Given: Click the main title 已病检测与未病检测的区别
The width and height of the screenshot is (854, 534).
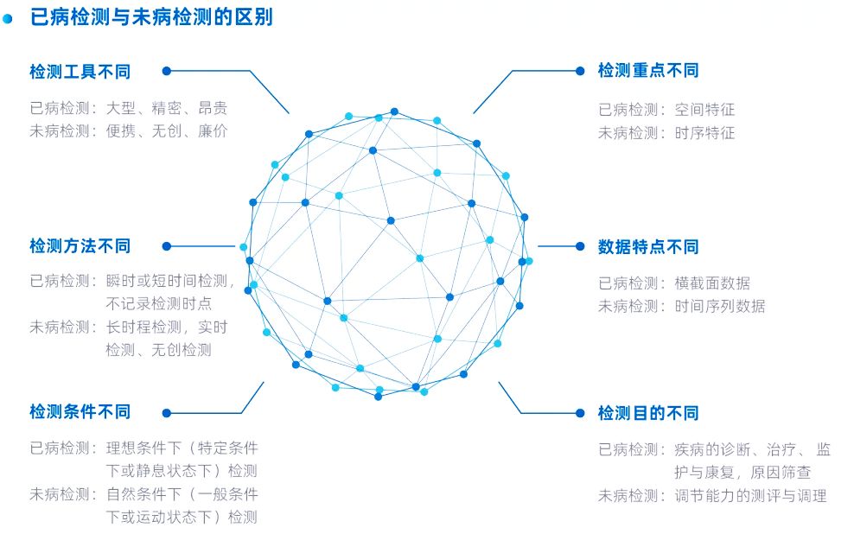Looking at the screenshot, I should point(151,16).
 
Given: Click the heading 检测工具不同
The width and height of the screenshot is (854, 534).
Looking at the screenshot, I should point(80,72).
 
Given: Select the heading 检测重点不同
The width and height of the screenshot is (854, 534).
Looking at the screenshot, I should point(648,71).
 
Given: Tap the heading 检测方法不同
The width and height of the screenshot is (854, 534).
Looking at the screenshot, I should point(80,246).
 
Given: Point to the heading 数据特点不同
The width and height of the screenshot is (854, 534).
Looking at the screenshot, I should point(648,247).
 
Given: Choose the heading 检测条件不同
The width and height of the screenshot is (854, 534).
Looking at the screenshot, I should point(80,412).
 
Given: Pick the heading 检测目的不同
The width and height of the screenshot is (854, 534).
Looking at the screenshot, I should point(648,413).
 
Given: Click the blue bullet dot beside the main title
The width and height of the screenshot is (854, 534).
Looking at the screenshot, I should point(9,17).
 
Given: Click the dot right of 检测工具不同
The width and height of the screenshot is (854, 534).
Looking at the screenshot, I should point(167,72).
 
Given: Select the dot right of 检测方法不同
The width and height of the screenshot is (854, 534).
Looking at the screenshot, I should point(167,246).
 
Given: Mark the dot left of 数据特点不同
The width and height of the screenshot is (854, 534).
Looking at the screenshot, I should point(580,247).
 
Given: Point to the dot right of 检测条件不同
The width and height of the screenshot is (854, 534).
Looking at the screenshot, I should point(167,412).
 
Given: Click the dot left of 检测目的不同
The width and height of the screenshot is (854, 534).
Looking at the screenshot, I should point(580,413).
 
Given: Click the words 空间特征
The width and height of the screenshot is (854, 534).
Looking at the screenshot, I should point(704,110).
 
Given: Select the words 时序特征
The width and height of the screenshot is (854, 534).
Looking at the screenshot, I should point(704,133).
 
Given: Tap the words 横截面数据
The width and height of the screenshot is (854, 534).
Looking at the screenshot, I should point(712,283).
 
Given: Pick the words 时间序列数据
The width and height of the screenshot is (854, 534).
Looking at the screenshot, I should point(720,306).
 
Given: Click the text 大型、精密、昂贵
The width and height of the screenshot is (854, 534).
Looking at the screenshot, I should point(167,109).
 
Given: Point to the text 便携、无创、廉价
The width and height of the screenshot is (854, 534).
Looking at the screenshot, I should point(167,131).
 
